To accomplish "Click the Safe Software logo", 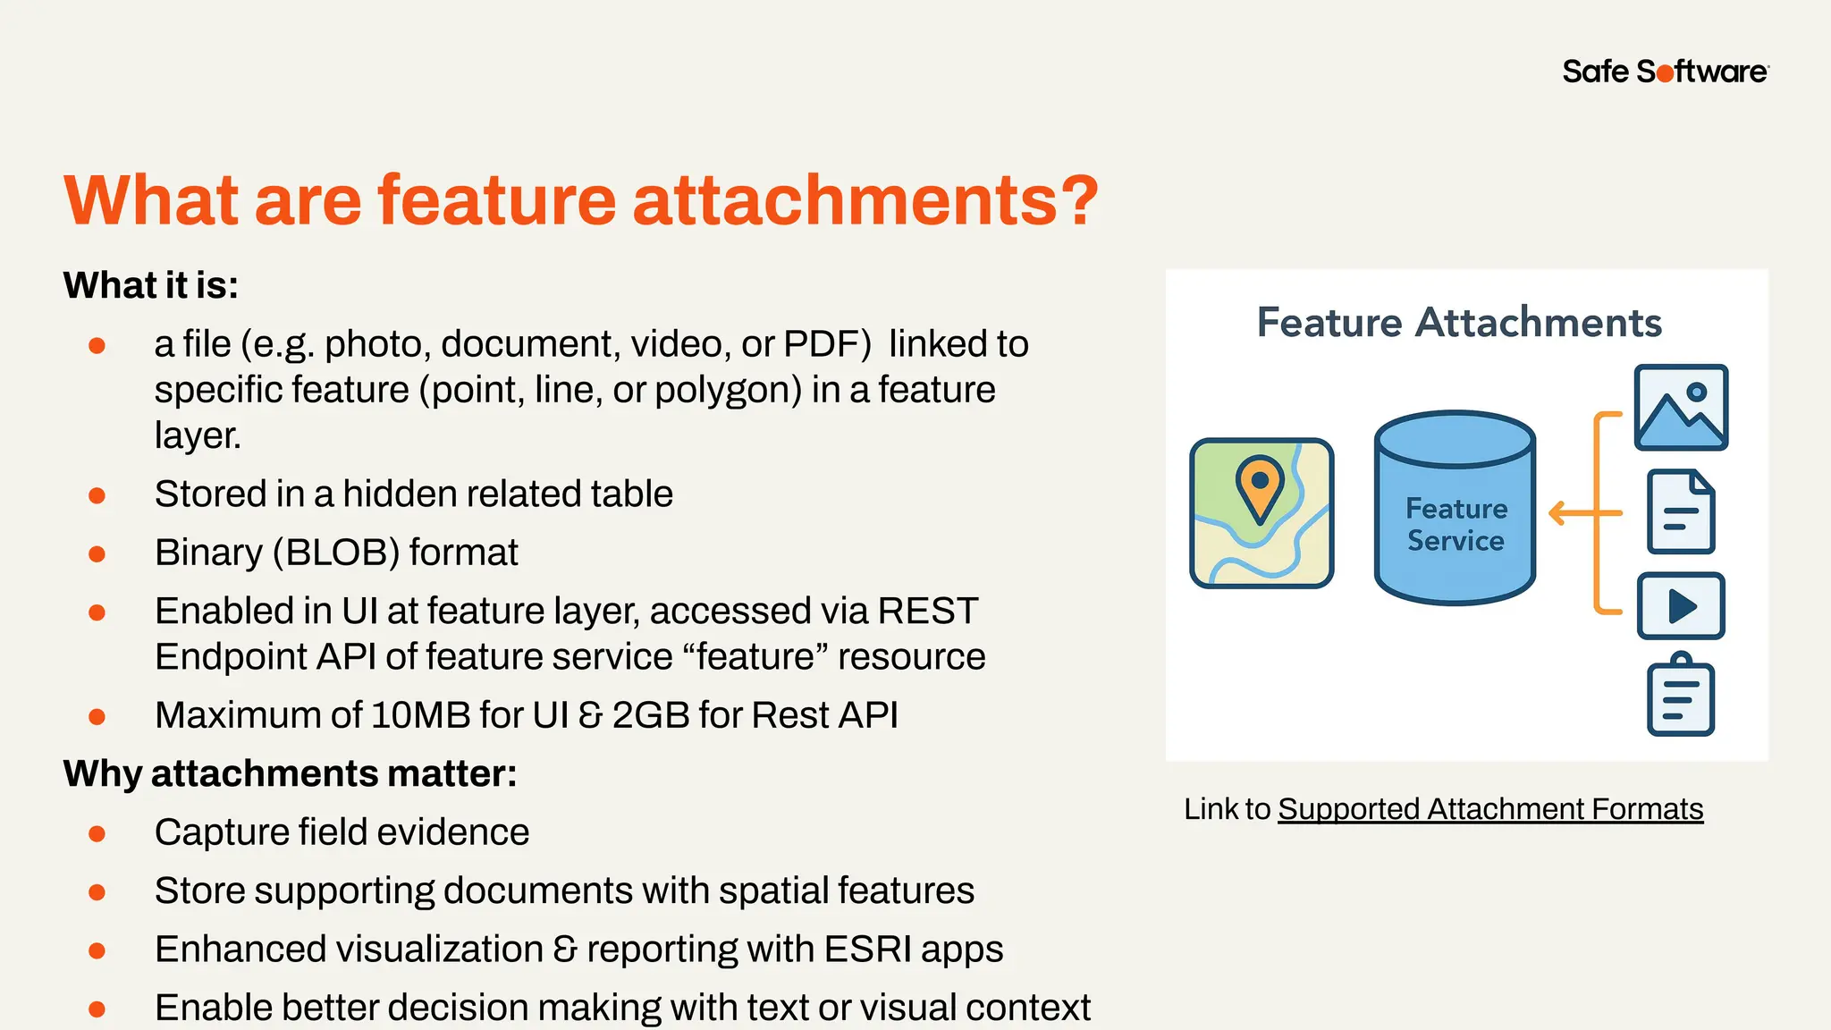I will pyautogui.click(x=1665, y=72).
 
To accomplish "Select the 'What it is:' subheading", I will pyautogui.click(x=151, y=285).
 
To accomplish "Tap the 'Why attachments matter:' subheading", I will pyautogui.click(x=291, y=773).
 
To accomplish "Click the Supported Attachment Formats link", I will pyautogui.click(x=1490, y=809).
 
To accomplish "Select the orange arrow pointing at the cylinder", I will pyautogui.click(x=1574, y=513).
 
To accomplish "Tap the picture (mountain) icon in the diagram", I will pyautogui.click(x=1681, y=408).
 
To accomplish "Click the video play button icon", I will pyautogui.click(x=1681, y=606).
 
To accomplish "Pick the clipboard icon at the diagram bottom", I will pyautogui.click(x=1681, y=696).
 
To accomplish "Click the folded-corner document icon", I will pyautogui.click(x=1681, y=511).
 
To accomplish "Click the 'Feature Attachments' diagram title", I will pyautogui.click(x=1459, y=323).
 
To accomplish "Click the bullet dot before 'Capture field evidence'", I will pyautogui.click(x=97, y=834).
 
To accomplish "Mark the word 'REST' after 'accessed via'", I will pyautogui.click(x=928, y=612).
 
